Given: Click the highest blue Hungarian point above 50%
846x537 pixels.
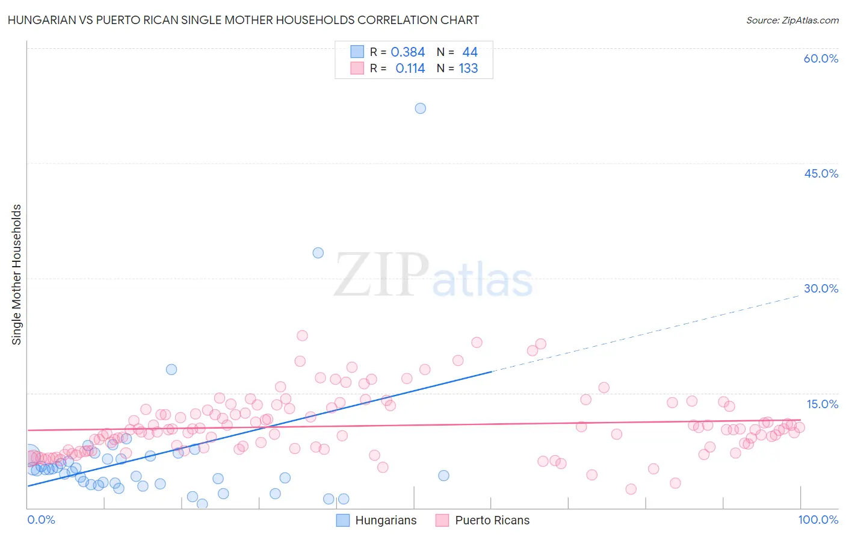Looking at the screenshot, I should click(421, 108).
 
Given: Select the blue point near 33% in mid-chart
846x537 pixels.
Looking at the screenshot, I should click(318, 253).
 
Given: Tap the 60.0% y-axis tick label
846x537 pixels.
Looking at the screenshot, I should click(821, 58).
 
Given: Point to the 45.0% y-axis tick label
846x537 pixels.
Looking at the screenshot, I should click(821, 173).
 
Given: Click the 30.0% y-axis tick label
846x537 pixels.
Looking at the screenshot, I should click(821, 288).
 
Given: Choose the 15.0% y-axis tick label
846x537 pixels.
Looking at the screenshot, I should click(822, 404).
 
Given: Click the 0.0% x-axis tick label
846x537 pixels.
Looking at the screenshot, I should click(41, 520).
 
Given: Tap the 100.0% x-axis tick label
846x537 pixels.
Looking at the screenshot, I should click(818, 520).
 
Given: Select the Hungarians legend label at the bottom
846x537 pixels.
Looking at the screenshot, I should click(386, 520).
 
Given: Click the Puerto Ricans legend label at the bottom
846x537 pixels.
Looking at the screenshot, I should click(492, 520).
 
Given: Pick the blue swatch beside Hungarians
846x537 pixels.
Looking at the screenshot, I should click(343, 520).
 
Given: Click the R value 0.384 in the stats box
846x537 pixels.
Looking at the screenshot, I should click(408, 52).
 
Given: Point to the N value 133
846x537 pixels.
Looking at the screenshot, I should click(468, 69).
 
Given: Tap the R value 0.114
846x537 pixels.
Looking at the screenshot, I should click(410, 69).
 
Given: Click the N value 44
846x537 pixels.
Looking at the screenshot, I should click(470, 52).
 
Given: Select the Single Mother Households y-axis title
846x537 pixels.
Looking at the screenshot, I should click(17, 275).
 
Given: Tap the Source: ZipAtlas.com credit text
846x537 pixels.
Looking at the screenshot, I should click(792, 20).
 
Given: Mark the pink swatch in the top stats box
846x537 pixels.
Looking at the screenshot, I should click(357, 68).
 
